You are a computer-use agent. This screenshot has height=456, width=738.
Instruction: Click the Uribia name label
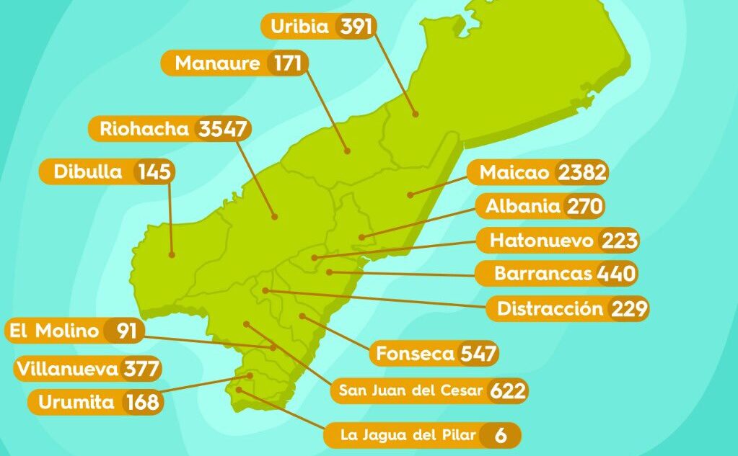299,27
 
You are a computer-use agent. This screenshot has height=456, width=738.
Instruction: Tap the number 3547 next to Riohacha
223,130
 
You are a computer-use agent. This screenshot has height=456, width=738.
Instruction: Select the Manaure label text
217,63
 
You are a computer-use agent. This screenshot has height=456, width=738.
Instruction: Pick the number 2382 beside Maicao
582,173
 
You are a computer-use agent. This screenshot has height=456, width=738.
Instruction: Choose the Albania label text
523,207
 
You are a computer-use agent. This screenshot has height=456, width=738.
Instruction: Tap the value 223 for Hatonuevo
618,241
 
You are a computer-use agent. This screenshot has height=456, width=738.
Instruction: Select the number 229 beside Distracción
629,309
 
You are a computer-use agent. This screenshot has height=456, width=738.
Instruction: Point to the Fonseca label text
415,354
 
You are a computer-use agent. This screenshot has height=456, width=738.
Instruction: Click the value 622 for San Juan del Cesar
508,391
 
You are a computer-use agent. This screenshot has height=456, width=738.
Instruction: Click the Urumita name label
76,402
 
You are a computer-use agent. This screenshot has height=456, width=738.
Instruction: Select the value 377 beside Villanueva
141,370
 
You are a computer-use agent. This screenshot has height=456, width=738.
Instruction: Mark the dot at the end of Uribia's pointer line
415,113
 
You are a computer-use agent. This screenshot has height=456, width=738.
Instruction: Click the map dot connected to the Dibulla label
172,254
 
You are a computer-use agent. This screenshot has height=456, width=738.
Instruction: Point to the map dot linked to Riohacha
275,216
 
